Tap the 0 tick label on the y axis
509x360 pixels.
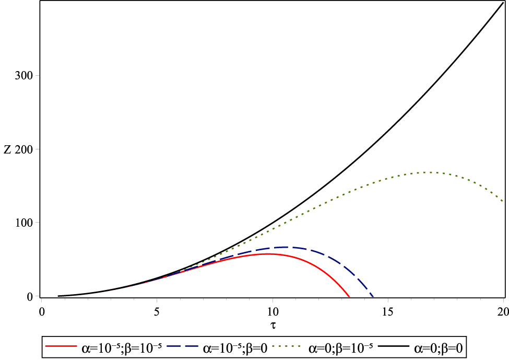point(30,297)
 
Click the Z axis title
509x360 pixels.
point(7,149)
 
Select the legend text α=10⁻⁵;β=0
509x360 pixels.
point(234,346)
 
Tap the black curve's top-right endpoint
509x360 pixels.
point(503,9)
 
